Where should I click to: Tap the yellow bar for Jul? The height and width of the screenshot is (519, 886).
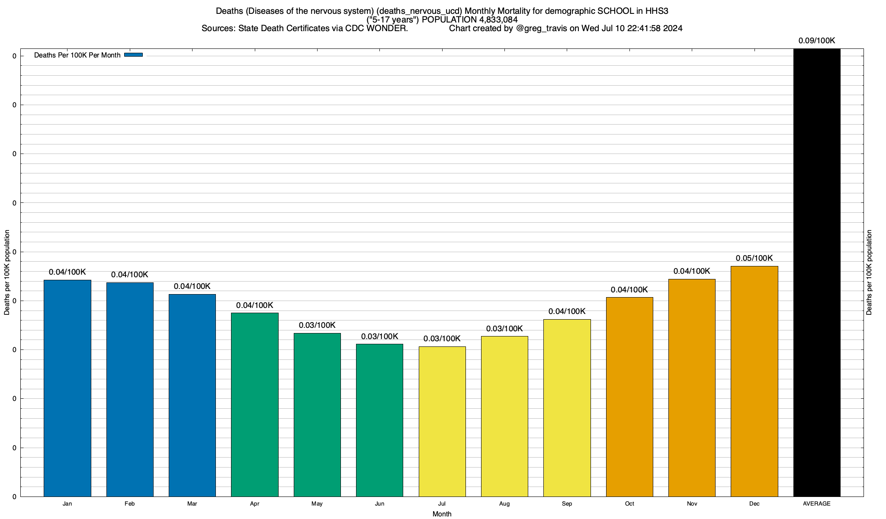tap(442, 421)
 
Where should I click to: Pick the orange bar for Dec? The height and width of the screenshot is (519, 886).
tap(754, 381)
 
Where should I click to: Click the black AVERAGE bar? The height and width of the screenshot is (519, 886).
tap(817, 272)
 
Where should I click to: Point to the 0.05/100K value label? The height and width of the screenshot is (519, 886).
tap(754, 258)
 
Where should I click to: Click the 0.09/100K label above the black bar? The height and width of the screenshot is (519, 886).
tap(816, 41)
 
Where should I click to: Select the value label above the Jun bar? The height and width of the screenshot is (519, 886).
tap(379, 336)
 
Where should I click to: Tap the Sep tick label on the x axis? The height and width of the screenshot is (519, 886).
tap(567, 504)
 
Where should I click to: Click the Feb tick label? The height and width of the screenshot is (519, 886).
tap(130, 504)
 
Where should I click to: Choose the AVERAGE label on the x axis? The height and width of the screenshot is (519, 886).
tap(816, 504)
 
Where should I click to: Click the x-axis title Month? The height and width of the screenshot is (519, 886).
tap(442, 514)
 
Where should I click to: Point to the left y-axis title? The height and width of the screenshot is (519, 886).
tap(7, 272)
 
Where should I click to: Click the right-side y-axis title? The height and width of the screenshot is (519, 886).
tap(869, 272)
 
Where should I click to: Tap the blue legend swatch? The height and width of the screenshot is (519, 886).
tap(133, 55)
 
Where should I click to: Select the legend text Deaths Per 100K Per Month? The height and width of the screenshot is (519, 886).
tap(77, 55)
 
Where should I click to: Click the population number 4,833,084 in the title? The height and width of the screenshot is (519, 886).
tap(498, 20)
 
